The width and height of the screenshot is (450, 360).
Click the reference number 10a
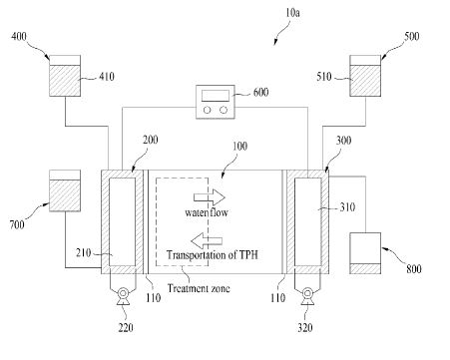coord(292,13)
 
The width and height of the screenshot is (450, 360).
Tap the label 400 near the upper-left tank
coord(19,36)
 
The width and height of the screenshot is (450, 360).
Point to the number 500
coord(412,36)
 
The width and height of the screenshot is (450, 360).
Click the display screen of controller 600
coord(216,96)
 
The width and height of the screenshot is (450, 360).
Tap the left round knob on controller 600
coord(208,110)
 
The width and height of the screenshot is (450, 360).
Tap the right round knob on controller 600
coord(224,110)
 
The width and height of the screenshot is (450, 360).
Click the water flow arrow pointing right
coord(210,197)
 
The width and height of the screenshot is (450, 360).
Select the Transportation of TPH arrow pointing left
coord(207,240)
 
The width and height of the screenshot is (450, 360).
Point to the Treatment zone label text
coord(199,288)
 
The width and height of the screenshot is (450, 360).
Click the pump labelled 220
coord(123,296)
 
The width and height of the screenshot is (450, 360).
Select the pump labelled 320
coord(307,296)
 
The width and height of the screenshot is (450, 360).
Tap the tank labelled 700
coord(65,190)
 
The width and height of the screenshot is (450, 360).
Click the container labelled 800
coord(365,253)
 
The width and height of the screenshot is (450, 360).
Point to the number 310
coord(347,207)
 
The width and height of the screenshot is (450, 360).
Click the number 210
coord(84,252)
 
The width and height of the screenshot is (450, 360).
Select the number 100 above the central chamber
coord(239,146)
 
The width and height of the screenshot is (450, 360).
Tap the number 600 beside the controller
coord(261,92)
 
